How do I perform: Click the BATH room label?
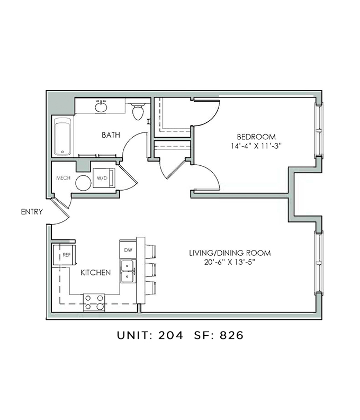tap(111, 135)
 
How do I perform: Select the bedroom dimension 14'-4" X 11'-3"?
tap(248, 146)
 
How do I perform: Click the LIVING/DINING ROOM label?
tap(230, 253)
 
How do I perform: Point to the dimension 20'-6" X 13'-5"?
tap(230, 263)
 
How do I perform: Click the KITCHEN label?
tap(95, 273)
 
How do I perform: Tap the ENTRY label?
tap(31, 212)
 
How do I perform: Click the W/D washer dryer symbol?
tap(102, 178)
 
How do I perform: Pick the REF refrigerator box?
tap(66, 255)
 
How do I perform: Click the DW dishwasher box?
tap(128, 249)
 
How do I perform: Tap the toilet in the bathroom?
tap(138, 111)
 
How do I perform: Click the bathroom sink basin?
tap(101, 106)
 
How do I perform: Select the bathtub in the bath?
tap(62, 137)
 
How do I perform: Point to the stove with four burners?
tap(94, 302)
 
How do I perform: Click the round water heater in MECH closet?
tap(83, 183)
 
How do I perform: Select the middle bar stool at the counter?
tap(150, 268)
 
